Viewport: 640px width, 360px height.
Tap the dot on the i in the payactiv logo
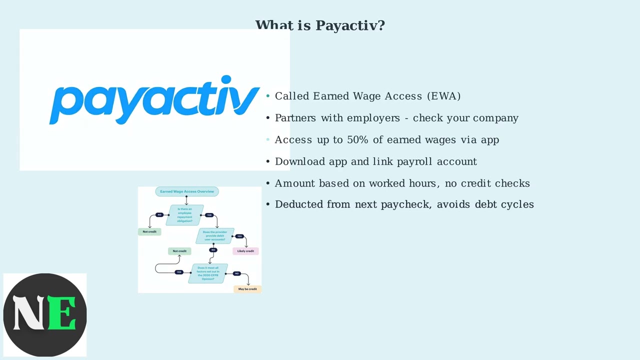226,80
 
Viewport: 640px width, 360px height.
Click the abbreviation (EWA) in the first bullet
443,96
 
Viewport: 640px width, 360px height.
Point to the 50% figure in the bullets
357,140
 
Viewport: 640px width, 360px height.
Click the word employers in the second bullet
373,118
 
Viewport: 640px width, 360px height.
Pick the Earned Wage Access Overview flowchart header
186,191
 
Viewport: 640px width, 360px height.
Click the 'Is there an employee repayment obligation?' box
184,215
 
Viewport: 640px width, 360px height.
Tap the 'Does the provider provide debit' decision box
215,236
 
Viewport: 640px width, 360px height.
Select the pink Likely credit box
245,251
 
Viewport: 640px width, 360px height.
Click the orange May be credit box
247,289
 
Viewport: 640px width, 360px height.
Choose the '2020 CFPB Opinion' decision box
208,273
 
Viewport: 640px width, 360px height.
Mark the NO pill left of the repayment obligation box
159,215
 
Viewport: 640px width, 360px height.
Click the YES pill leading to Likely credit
239,236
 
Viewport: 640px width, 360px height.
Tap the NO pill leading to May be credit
237,273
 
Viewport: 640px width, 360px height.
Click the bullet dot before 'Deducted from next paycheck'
268,204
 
